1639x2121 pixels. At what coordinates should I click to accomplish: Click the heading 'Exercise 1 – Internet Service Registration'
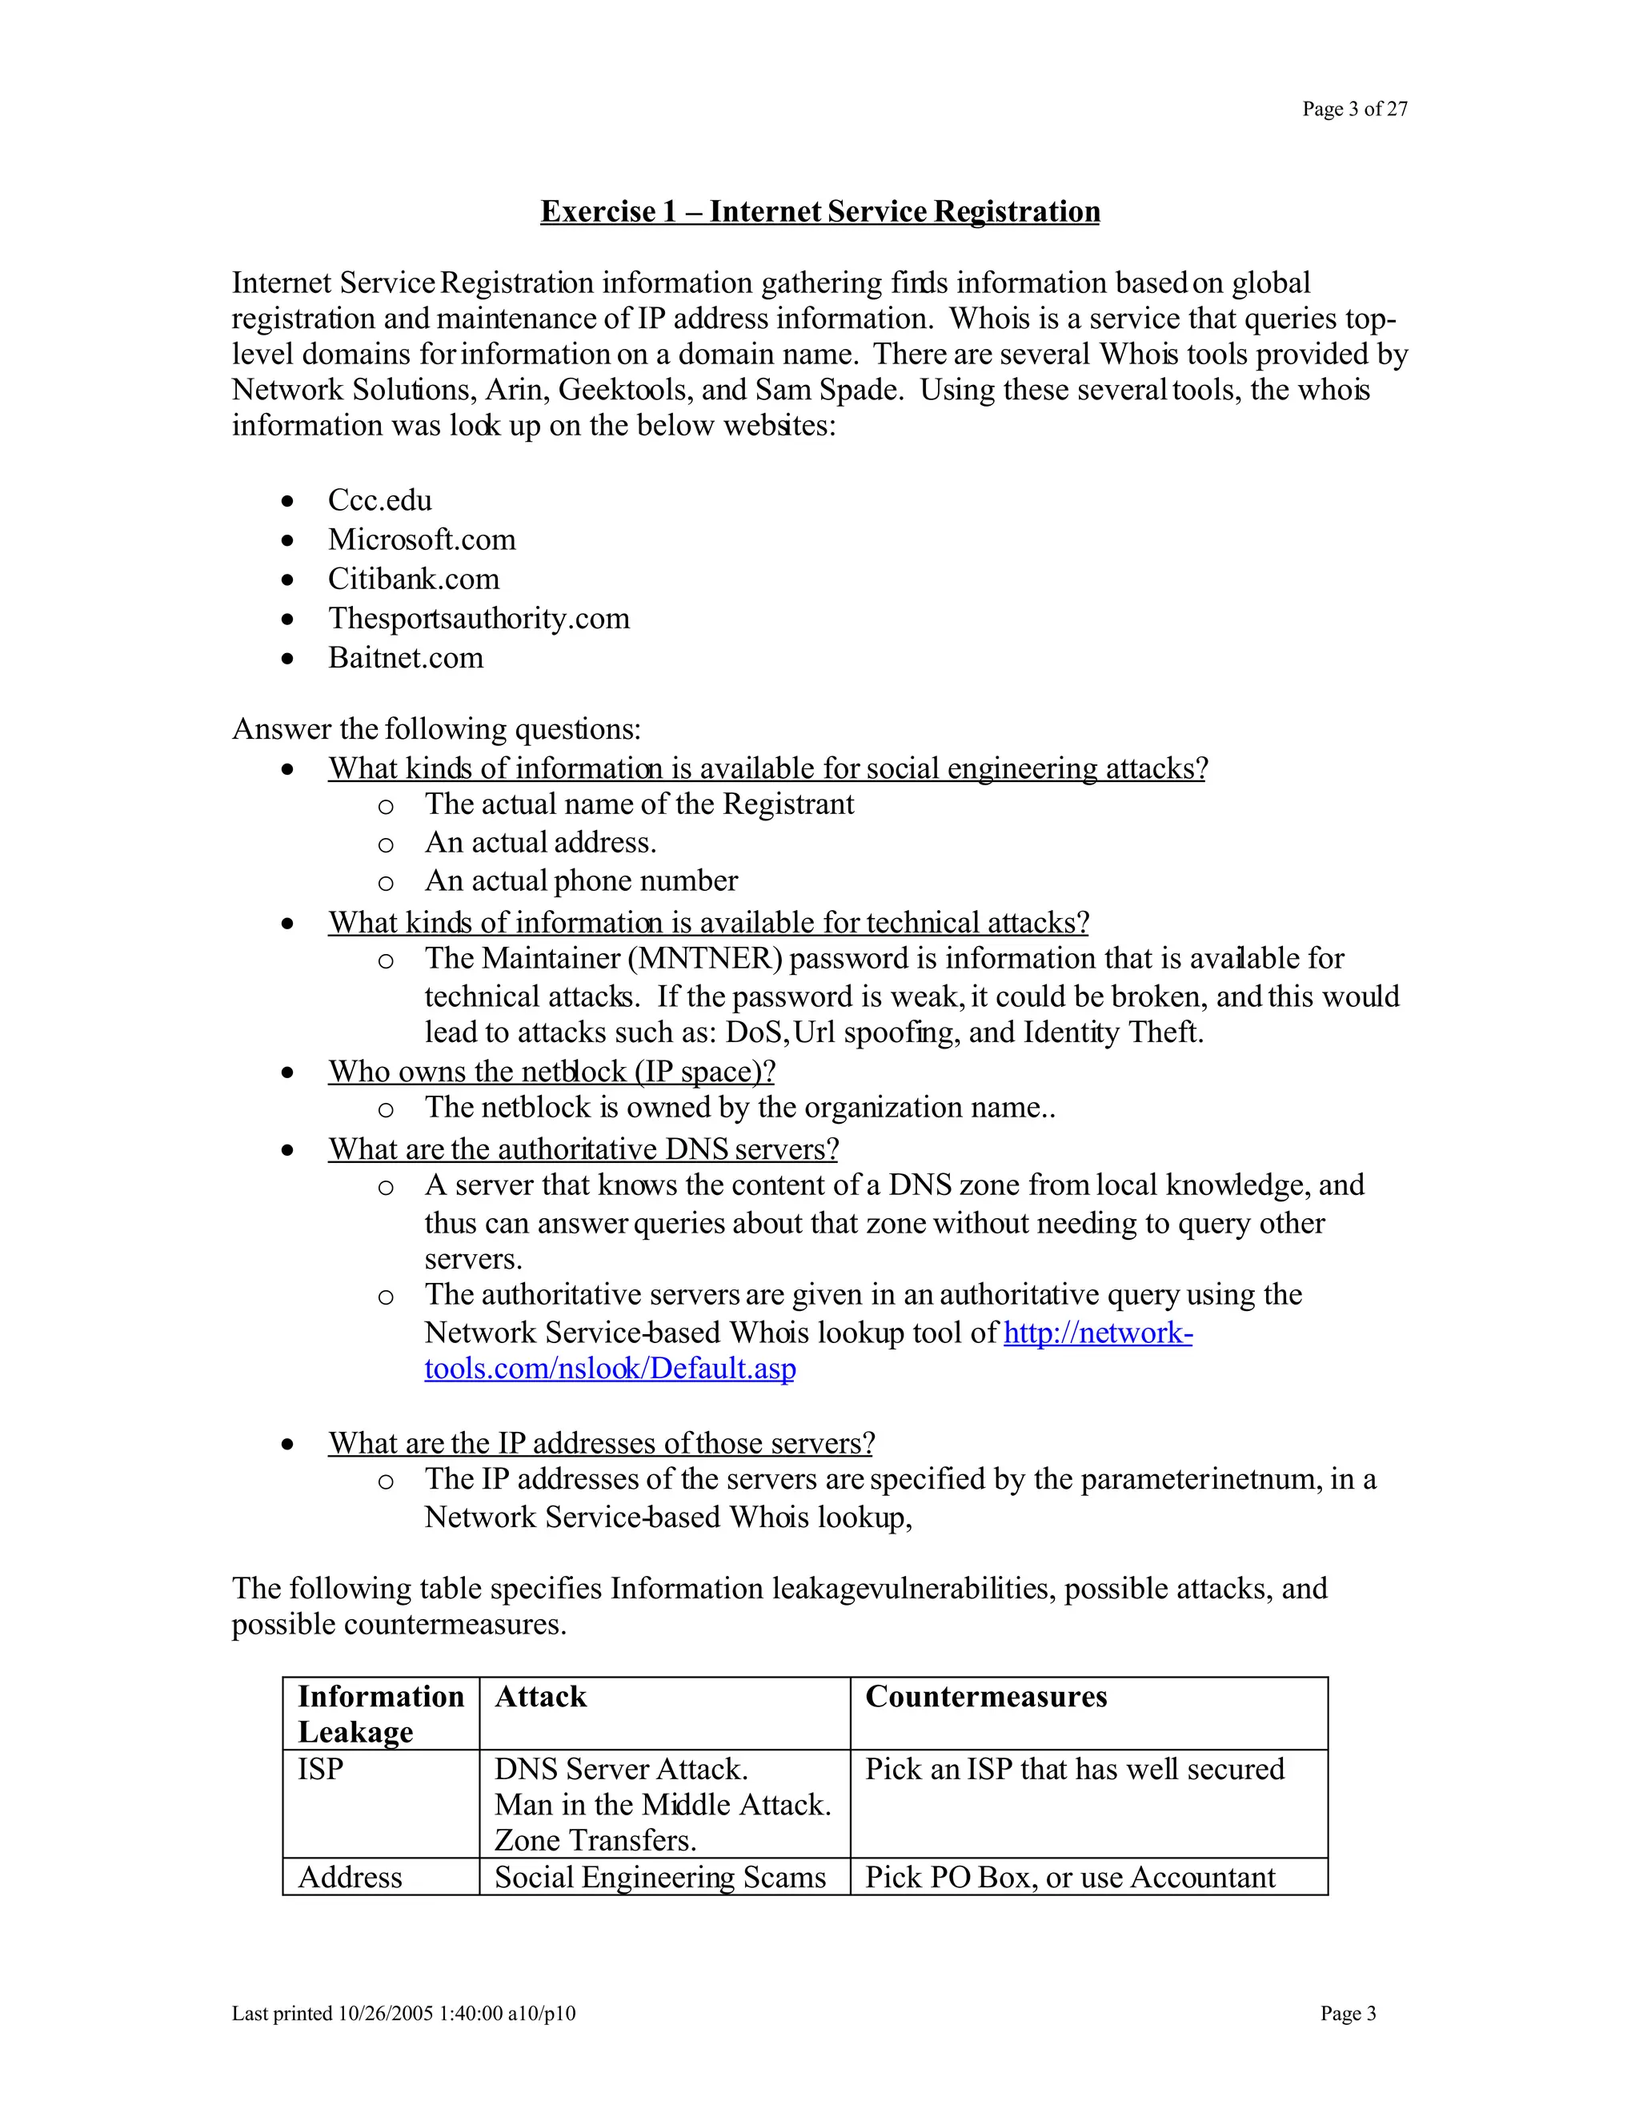(x=819, y=212)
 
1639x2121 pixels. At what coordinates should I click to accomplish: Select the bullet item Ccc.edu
(x=379, y=500)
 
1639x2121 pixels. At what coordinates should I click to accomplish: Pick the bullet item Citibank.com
(x=414, y=579)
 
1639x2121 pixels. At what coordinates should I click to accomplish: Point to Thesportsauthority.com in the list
(x=479, y=618)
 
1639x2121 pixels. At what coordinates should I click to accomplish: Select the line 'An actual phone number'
(x=581, y=881)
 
